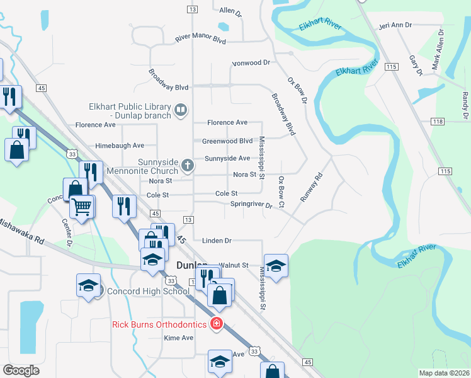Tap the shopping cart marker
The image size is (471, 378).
point(82,206)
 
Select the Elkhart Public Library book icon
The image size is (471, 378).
point(181,111)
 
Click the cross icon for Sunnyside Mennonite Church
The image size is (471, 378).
point(187,166)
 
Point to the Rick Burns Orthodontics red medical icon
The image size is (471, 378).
point(217,324)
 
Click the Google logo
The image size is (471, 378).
point(21,370)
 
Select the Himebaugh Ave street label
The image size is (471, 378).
point(120,146)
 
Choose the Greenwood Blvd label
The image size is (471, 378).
point(227,141)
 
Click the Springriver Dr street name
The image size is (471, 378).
point(251,204)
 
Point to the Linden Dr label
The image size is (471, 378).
point(217,241)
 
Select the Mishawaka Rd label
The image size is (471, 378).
point(23,232)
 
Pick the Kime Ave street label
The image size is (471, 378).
point(178,338)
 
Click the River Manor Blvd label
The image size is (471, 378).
point(200,39)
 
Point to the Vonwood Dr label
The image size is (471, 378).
point(251,63)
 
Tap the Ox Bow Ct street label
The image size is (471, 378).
point(281,192)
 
